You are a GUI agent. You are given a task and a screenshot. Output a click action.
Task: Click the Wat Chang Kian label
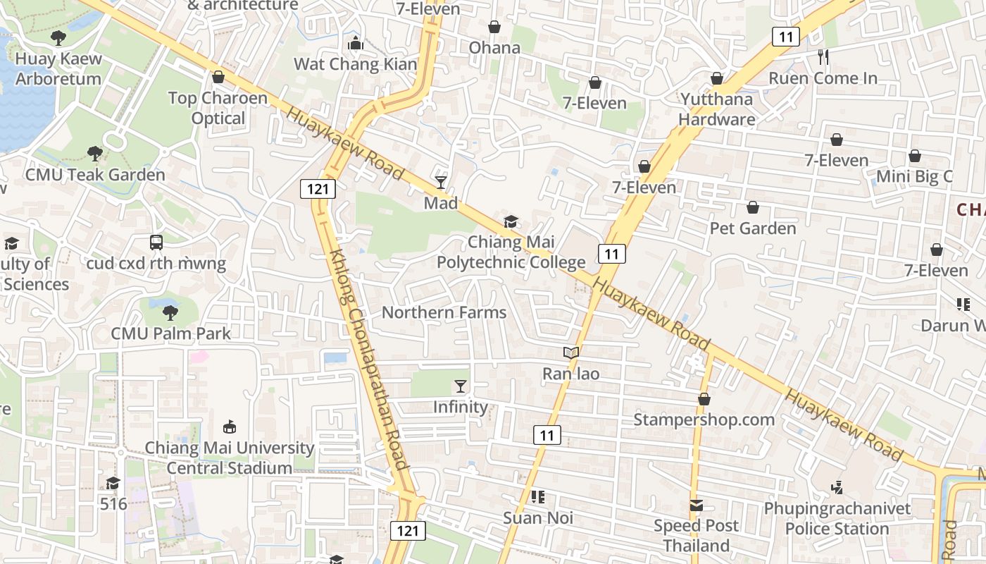[355, 64]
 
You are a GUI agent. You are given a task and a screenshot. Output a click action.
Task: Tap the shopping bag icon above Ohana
[494, 27]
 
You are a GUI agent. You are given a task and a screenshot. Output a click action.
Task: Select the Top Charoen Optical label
[218, 108]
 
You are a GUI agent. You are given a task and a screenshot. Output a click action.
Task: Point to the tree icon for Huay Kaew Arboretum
[58, 38]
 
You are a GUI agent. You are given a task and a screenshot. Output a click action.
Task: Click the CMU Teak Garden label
[95, 174]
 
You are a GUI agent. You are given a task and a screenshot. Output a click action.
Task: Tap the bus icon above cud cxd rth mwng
[156, 243]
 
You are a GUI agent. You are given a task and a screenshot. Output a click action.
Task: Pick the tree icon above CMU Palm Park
[170, 312]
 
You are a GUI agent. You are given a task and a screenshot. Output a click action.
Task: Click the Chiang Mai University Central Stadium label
[229, 458]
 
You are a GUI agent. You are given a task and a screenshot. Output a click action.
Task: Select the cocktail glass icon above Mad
[441, 183]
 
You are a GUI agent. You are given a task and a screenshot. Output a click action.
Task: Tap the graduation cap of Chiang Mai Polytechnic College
[511, 222]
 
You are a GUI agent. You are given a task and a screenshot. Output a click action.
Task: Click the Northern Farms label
[444, 312]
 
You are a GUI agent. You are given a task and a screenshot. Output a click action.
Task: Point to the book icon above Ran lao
[570, 352]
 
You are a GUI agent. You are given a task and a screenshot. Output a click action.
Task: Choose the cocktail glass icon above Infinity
[461, 386]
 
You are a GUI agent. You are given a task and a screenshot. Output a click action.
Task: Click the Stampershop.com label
[704, 419]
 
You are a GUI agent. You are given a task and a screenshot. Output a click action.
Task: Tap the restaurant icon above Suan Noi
[538, 497]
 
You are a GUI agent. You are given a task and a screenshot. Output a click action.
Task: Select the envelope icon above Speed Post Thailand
[697, 505]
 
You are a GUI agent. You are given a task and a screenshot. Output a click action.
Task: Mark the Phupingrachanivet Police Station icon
[837, 487]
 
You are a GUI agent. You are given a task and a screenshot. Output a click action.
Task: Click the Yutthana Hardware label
[717, 109]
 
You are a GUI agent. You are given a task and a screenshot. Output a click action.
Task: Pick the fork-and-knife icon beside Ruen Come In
[823, 56]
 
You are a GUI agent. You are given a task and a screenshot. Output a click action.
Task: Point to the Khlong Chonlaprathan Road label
[368, 360]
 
